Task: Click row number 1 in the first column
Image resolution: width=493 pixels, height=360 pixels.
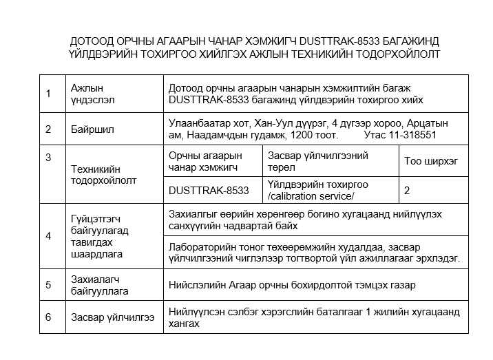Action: [x=48, y=94]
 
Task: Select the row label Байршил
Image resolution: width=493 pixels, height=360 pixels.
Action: [x=92, y=129]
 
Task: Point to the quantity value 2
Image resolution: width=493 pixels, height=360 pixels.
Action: [x=407, y=190]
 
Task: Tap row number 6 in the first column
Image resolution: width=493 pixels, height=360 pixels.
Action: [x=48, y=317]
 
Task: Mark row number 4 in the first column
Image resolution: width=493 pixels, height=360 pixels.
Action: [x=48, y=236]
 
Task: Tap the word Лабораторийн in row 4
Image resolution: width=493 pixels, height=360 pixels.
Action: [x=203, y=246]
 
